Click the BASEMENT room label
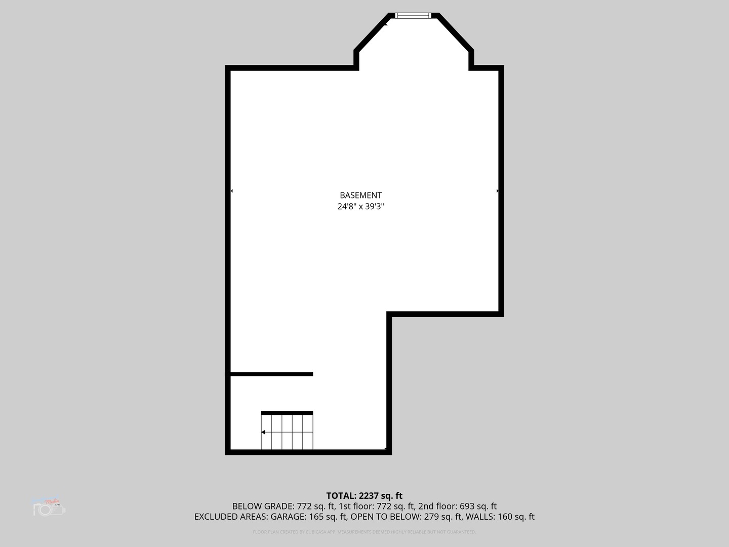click(360, 195)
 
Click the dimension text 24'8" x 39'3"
click(360, 207)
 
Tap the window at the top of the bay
click(413, 16)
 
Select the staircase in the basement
click(287, 432)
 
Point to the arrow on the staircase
click(264, 432)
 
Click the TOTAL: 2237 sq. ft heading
click(364, 496)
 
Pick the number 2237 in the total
click(369, 496)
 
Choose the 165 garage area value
click(316, 517)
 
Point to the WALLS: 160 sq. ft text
click(500, 517)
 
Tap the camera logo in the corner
click(49, 507)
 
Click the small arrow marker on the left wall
click(231, 191)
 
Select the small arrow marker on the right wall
click(498, 191)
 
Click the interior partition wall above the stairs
click(271, 374)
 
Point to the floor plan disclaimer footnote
click(364, 532)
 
